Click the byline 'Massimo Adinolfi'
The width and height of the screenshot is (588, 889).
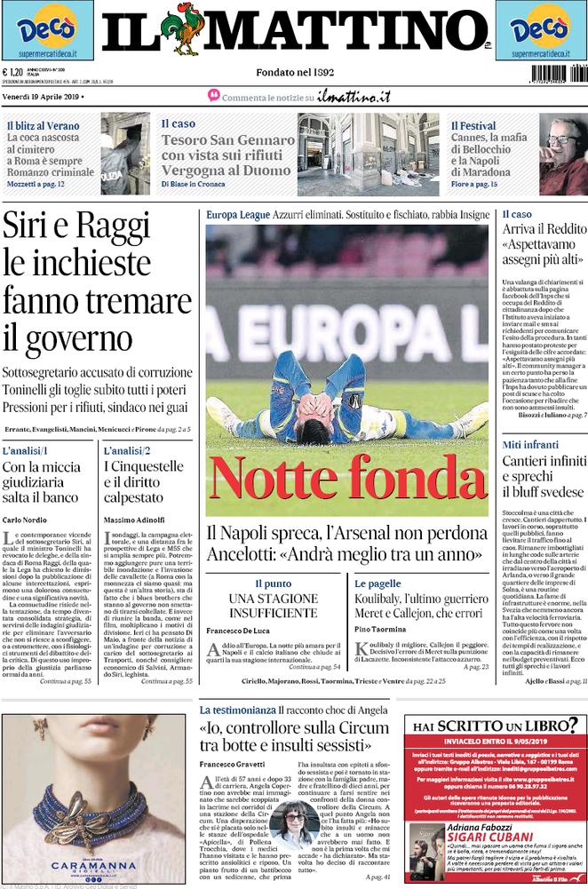tap(138, 519)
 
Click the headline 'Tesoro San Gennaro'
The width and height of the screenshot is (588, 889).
tap(227, 140)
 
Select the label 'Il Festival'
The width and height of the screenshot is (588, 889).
tap(473, 126)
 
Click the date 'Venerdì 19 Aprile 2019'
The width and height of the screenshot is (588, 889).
tap(44, 96)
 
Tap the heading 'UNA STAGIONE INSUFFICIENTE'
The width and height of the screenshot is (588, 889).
tap(274, 607)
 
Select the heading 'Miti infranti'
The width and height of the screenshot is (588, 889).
tap(531, 444)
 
